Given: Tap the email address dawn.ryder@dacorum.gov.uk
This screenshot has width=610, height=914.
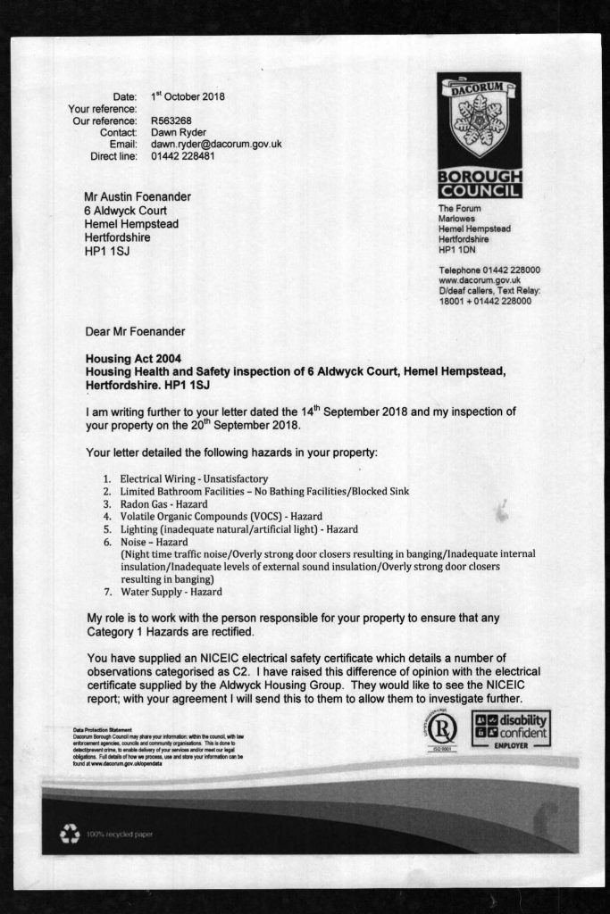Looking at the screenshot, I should click(216, 144).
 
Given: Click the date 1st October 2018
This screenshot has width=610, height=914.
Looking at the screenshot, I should click(188, 96).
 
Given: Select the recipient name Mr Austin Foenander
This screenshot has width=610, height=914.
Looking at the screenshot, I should click(138, 197).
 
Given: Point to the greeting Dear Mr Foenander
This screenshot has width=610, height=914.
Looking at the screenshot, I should click(135, 332).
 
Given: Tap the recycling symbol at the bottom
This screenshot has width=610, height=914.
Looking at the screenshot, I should click(70, 835).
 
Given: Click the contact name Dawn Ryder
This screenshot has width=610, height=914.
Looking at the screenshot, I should click(179, 132).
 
